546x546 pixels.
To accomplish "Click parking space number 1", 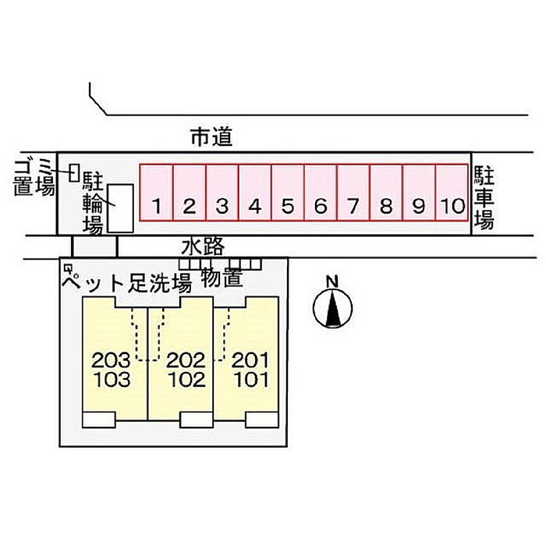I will [x=157, y=193].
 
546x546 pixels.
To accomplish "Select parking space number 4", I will [x=255, y=193].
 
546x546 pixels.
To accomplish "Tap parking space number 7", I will [x=353, y=193].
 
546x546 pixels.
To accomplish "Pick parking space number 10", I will [x=452, y=193].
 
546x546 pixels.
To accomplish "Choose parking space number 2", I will [x=190, y=193].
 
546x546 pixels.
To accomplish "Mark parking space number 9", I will [x=419, y=193].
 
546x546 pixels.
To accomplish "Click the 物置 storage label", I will [x=221, y=277].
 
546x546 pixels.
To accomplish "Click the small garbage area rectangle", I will [x=74, y=172].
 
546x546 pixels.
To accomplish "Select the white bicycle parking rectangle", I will [x=120, y=207].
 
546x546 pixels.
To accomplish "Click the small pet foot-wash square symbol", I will [x=69, y=268].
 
